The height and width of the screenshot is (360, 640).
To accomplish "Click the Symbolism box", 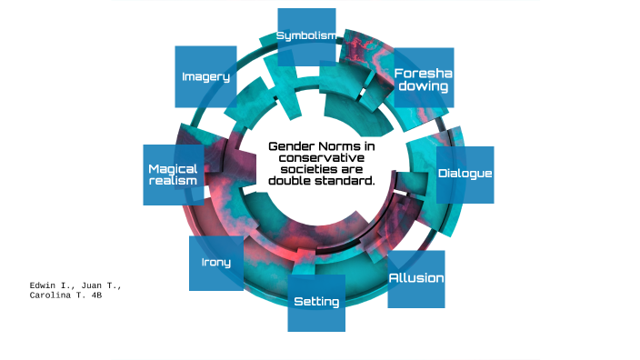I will click(305, 35).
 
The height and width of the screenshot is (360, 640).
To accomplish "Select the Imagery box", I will click(205, 76).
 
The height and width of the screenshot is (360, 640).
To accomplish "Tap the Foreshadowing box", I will click(423, 78).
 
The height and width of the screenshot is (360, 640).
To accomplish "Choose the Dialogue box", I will click(465, 174).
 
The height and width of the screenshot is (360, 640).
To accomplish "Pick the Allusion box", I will click(416, 278).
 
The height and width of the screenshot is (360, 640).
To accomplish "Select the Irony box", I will click(215, 263).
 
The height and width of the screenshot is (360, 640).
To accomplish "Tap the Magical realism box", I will click(173, 175).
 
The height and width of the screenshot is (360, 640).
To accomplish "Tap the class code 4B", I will click(95, 295).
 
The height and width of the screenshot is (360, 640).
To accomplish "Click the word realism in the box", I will click(172, 181).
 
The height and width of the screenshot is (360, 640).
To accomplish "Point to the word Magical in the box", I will click(173, 169).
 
